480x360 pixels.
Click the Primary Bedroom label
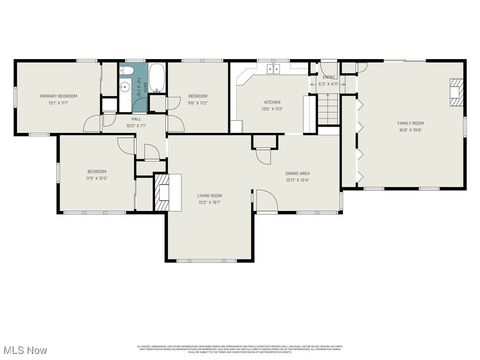coord(58,96)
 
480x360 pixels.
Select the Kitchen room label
coord(273,102)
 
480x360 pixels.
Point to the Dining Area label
coord(297,174)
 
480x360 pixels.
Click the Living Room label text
coord(208,195)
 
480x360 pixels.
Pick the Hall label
coord(136,119)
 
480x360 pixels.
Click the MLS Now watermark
coord(24,350)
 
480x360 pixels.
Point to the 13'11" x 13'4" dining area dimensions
coord(297,180)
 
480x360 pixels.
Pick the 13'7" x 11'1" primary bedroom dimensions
coord(58,102)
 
